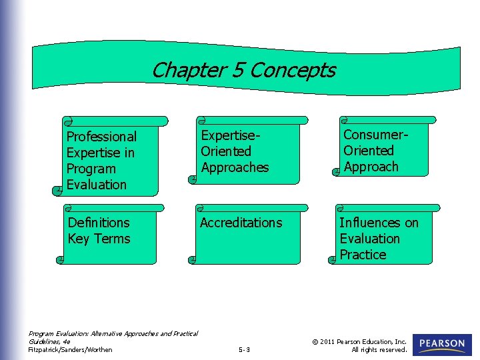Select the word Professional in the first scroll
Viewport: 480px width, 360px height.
101,137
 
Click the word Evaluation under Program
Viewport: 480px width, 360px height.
96,185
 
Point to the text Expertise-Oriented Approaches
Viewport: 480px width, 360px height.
234,151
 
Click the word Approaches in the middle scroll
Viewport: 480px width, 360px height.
235,167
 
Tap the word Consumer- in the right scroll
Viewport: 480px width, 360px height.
376,135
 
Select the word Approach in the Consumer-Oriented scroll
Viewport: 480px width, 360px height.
371,167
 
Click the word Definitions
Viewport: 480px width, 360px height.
99,223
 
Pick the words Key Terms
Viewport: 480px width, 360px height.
99,239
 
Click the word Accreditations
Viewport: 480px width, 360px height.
241,223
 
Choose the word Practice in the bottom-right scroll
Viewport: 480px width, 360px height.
363,255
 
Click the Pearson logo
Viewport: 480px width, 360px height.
442,344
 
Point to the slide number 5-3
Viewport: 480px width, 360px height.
244,349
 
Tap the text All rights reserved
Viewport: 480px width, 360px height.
379,349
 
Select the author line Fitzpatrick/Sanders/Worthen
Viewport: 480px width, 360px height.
70,349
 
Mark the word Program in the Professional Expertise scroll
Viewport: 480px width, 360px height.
91,169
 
